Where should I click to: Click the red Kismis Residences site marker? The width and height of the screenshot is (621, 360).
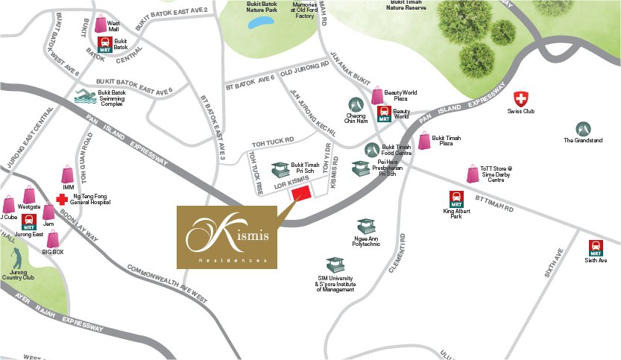(300, 194)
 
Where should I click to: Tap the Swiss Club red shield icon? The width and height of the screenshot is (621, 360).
(521, 99)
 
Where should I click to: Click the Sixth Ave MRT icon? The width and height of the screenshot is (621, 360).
(596, 247)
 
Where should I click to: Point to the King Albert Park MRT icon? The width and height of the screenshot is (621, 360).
(456, 198)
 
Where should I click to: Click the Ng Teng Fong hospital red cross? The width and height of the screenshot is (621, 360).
(62, 199)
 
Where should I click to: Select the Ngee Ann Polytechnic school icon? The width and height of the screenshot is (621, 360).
(365, 226)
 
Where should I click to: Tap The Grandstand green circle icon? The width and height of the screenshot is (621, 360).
(582, 128)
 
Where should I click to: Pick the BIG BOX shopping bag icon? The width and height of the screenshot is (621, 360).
(52, 239)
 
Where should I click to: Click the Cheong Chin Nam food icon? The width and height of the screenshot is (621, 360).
(355, 105)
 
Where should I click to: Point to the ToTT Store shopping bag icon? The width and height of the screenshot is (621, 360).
(472, 174)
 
